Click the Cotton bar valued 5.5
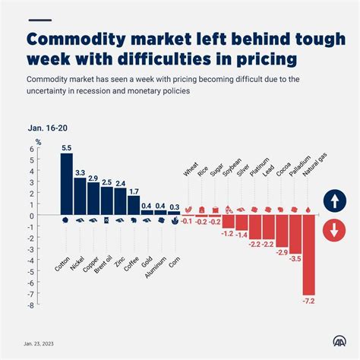tap(67, 184)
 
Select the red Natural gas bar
tap(308, 255)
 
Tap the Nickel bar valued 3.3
tap(80, 196)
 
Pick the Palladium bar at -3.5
tap(295, 234)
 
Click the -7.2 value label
tap(308, 302)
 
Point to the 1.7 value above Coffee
tap(134, 191)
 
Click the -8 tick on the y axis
tap(30, 305)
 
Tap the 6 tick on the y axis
tap(32, 149)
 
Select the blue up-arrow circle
tap(335, 201)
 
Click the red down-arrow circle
tap(334, 231)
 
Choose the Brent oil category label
tap(103, 265)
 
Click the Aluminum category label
tap(156, 267)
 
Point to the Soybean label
tap(232, 167)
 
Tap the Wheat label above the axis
tap(191, 169)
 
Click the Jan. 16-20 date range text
tap(48, 128)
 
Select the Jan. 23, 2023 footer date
tap(39, 343)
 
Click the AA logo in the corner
tap(339, 341)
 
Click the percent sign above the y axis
tap(38, 142)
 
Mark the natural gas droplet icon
tap(308, 210)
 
